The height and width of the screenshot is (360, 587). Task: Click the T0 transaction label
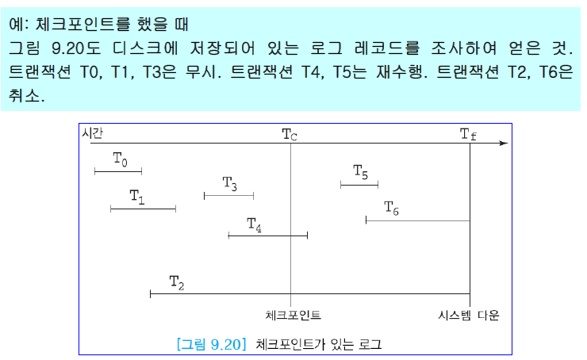pos(119,159)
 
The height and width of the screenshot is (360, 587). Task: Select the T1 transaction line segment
pos(143,209)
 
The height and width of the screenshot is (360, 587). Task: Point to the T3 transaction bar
pos(228,195)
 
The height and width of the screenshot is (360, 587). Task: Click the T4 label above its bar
pos(254,224)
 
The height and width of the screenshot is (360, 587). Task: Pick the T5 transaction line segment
pos(359,185)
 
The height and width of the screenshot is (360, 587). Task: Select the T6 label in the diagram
pos(391,208)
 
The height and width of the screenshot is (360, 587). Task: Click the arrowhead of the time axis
pos(503,144)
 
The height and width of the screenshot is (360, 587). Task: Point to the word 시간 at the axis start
pos(93,132)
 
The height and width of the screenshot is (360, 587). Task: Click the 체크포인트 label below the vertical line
pos(293,315)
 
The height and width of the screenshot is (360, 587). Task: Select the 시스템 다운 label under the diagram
pos(470,315)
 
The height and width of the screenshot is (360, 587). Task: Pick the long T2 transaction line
pos(309,294)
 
